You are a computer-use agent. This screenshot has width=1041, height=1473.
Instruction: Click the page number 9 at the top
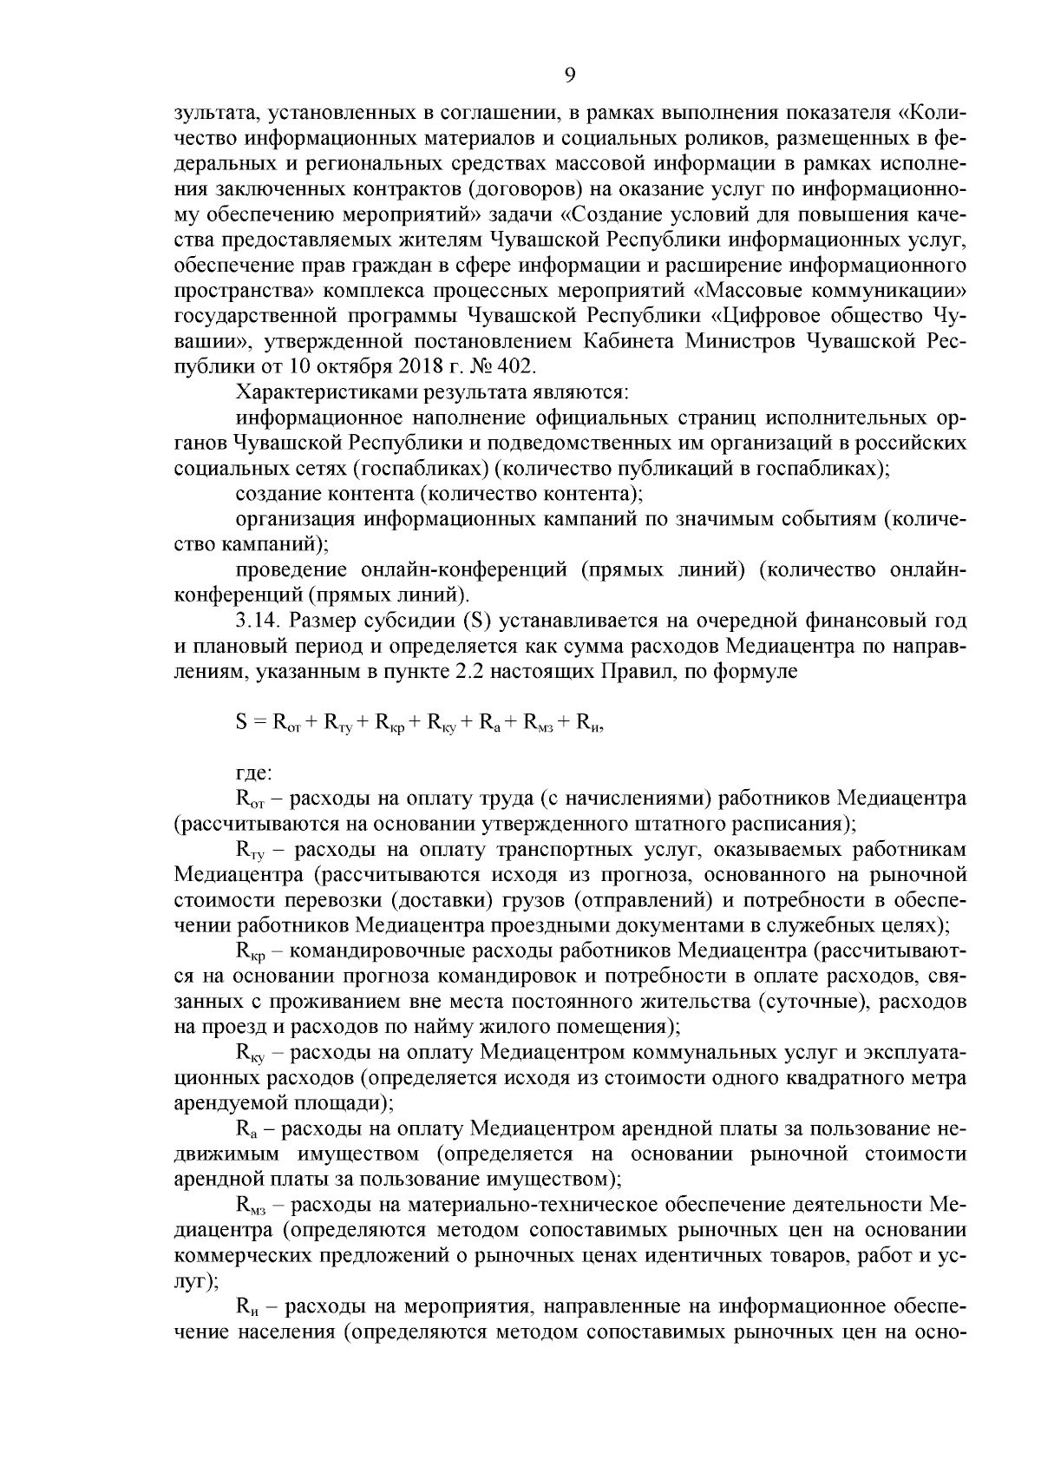(569, 76)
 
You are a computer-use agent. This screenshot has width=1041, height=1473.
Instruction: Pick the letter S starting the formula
(241, 721)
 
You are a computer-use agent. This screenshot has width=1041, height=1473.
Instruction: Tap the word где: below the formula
(254, 772)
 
